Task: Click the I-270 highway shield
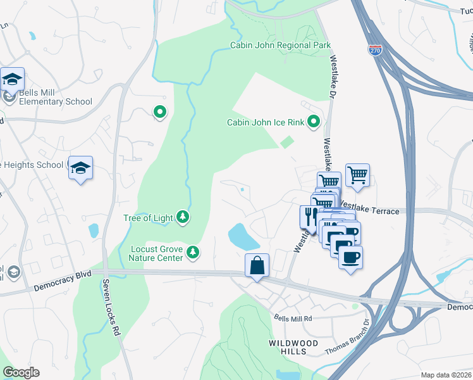pyautogui.click(x=376, y=51)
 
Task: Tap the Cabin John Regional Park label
pyautogui.click(x=279, y=46)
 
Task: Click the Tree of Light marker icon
pyautogui.click(x=182, y=218)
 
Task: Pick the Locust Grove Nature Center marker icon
pyautogui.click(x=193, y=253)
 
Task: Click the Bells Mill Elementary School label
pyautogui.click(x=55, y=97)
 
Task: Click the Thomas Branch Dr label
pyautogui.click(x=347, y=341)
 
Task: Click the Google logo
pyautogui.click(x=21, y=372)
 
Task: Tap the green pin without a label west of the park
pyautogui.click(x=160, y=113)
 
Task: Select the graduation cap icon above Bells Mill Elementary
pyautogui.click(x=13, y=79)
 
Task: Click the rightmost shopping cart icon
pyautogui.click(x=358, y=174)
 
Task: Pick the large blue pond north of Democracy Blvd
pyautogui.click(x=242, y=236)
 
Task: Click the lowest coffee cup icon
pyautogui.click(x=350, y=256)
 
